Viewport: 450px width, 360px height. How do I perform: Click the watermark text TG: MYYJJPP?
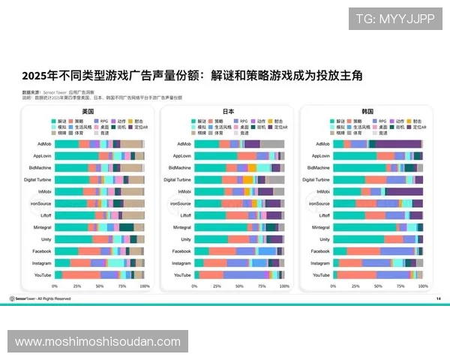coord(394,18)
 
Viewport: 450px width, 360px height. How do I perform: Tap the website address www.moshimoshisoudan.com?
coord(98,341)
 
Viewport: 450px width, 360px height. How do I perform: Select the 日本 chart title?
coord(228,111)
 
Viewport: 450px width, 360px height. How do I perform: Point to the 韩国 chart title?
coord(367,111)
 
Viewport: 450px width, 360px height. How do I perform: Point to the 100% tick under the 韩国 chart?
coord(424,286)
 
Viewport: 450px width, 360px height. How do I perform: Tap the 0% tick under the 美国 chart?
coord(55,286)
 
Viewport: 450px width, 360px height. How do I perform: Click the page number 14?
coord(439,298)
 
